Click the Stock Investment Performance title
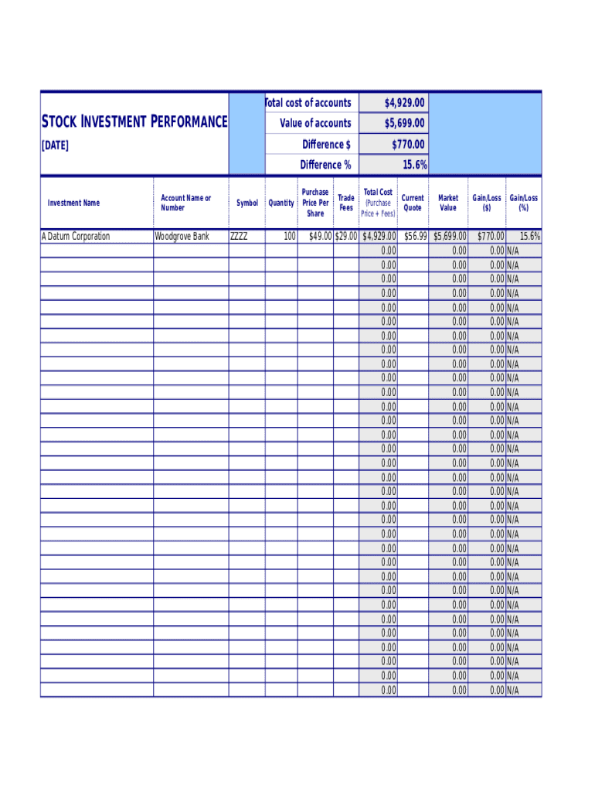coord(134,121)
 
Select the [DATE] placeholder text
coord(55,145)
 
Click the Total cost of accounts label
coord(308,103)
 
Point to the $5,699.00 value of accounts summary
coord(405,124)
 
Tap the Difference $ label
coord(326,145)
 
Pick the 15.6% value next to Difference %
coord(414,165)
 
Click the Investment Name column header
coord(73,203)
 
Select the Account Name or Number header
coord(185,203)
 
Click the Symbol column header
coord(247,203)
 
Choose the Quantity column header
coord(281,203)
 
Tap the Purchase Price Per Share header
coord(315,203)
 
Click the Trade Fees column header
coord(346,203)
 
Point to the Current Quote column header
coord(413,203)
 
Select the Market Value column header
coord(448,203)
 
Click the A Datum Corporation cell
coord(76,237)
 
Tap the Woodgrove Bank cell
coord(182,237)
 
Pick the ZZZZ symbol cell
coord(239,237)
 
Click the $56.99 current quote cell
coord(416,237)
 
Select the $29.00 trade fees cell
coord(345,237)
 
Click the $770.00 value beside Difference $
coord(408,145)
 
